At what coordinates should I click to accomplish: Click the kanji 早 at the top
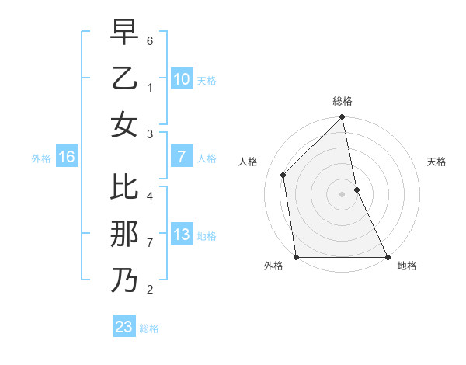124,33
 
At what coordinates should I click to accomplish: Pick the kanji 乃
124,280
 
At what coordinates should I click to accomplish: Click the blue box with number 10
182,79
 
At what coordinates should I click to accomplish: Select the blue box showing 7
182,157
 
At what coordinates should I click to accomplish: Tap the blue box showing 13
182,235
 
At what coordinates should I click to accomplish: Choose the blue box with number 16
67,158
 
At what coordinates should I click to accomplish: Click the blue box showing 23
124,327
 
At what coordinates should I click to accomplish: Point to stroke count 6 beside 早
150,39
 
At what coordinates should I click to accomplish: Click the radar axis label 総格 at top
343,101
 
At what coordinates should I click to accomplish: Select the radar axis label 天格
436,162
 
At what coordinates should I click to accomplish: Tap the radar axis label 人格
248,162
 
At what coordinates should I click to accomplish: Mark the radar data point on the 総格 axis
343,118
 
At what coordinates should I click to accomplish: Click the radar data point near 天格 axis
356,189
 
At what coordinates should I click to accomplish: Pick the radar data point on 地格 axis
388,257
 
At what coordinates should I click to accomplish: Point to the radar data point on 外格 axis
297,257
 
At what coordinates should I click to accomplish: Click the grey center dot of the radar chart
343,194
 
